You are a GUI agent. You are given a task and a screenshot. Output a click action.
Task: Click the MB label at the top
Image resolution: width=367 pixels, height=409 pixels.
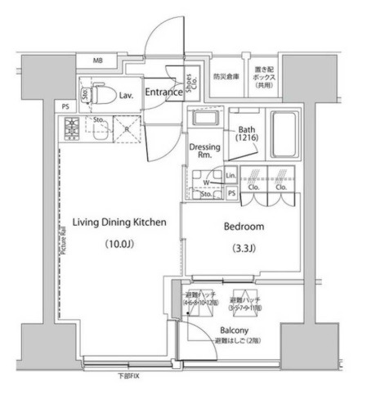point(98,61)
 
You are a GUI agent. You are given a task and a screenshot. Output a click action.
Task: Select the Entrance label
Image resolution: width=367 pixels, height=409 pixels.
point(163,92)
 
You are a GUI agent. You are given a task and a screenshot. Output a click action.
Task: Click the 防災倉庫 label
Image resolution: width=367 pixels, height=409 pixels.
point(226,77)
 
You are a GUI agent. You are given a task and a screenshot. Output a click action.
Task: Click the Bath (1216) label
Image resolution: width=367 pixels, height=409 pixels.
point(247,134)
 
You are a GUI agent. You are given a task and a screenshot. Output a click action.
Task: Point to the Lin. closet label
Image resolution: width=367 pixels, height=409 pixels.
point(230,176)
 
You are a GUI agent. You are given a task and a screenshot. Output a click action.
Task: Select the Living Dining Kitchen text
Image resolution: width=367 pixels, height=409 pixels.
point(120,222)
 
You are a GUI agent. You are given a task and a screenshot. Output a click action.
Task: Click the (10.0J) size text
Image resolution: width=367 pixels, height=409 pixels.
point(120,244)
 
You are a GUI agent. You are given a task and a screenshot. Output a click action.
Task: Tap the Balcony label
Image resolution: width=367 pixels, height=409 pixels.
point(232,330)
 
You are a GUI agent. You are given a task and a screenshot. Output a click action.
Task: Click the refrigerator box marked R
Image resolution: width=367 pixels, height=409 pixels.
point(127,128)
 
